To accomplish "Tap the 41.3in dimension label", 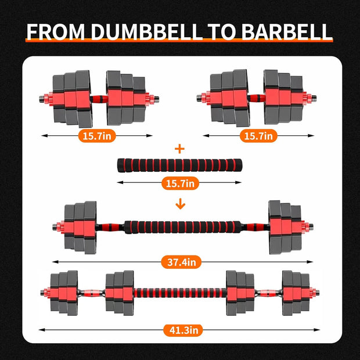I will click(181, 330).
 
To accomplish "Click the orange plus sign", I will click(180, 149).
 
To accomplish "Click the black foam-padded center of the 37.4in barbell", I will click(180, 226).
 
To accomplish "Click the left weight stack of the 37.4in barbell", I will click(80, 226).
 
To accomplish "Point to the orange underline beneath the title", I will click(180, 42).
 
